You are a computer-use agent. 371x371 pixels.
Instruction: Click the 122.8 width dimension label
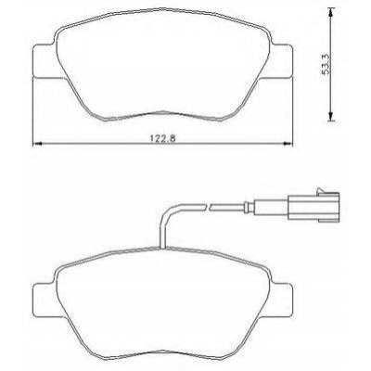click(x=163, y=138)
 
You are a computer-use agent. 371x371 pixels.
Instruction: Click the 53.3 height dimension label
click(x=326, y=64)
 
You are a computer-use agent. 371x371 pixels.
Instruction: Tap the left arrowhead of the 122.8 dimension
click(x=37, y=144)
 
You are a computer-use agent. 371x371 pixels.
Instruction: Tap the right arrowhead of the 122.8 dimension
click(x=288, y=144)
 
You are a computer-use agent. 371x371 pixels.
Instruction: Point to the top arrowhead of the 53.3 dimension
click(x=331, y=13)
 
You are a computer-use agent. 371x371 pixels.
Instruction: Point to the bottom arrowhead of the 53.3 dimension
click(x=331, y=117)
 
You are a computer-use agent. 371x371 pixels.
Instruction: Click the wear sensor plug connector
click(x=313, y=207)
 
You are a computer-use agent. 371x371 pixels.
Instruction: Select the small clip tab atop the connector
click(x=320, y=190)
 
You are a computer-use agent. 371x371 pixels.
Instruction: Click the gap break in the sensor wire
click(x=208, y=207)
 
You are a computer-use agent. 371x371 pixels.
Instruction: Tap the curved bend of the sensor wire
click(x=168, y=211)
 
